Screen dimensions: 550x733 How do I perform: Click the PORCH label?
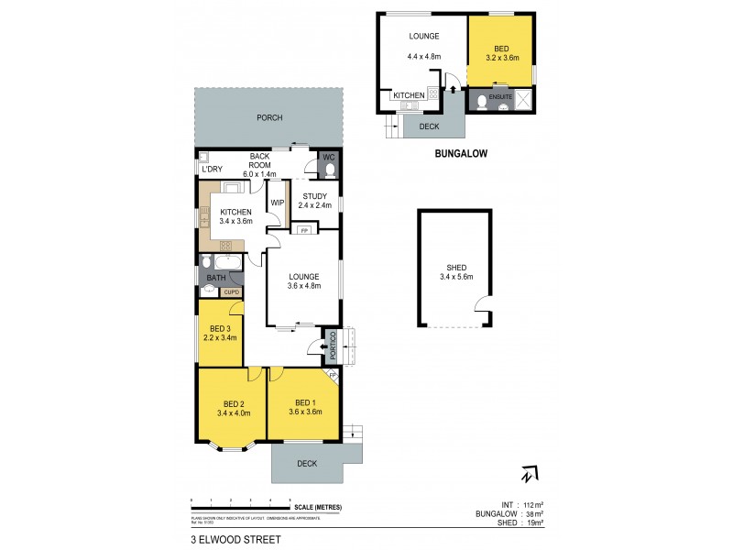pos(269,118)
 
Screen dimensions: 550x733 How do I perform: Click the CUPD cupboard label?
pos(229,292)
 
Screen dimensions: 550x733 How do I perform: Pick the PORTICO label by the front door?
pos(334,344)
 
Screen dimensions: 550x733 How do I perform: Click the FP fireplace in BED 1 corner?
pos(333,375)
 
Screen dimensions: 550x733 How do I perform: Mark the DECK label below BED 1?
pos(307,464)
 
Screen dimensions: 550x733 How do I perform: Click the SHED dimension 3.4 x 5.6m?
pos(456,276)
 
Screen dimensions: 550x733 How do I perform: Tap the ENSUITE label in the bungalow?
pos(500,95)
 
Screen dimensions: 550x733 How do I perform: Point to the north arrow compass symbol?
pos(526,475)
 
